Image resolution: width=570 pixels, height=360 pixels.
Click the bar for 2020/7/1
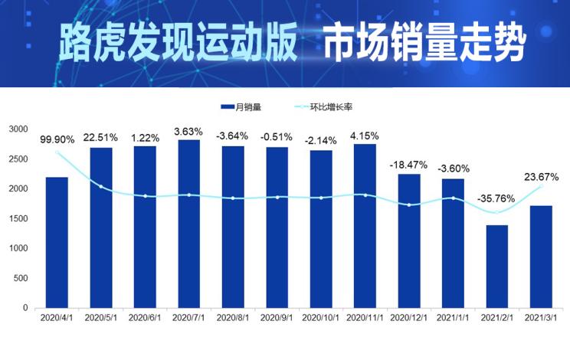pos(188,224)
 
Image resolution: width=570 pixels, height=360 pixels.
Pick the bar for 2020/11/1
pos(365,226)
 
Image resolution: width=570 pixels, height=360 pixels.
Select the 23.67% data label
pos(541,177)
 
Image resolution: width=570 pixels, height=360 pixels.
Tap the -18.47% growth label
pos(408,165)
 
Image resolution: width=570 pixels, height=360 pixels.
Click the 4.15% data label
pos(365,136)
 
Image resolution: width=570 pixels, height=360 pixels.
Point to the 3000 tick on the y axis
pos(18,129)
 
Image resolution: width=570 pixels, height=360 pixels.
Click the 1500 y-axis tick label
pos(18,218)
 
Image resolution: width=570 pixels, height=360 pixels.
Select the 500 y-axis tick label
pos(21,278)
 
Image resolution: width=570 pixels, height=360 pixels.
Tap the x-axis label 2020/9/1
pos(277,316)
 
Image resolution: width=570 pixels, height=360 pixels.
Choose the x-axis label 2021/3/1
pos(540,316)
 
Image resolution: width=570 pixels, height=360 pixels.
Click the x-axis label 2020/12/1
pos(408,316)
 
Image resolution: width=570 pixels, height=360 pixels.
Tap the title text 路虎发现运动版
pos(178,44)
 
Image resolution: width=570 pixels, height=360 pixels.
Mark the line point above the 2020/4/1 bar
pos(57,152)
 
